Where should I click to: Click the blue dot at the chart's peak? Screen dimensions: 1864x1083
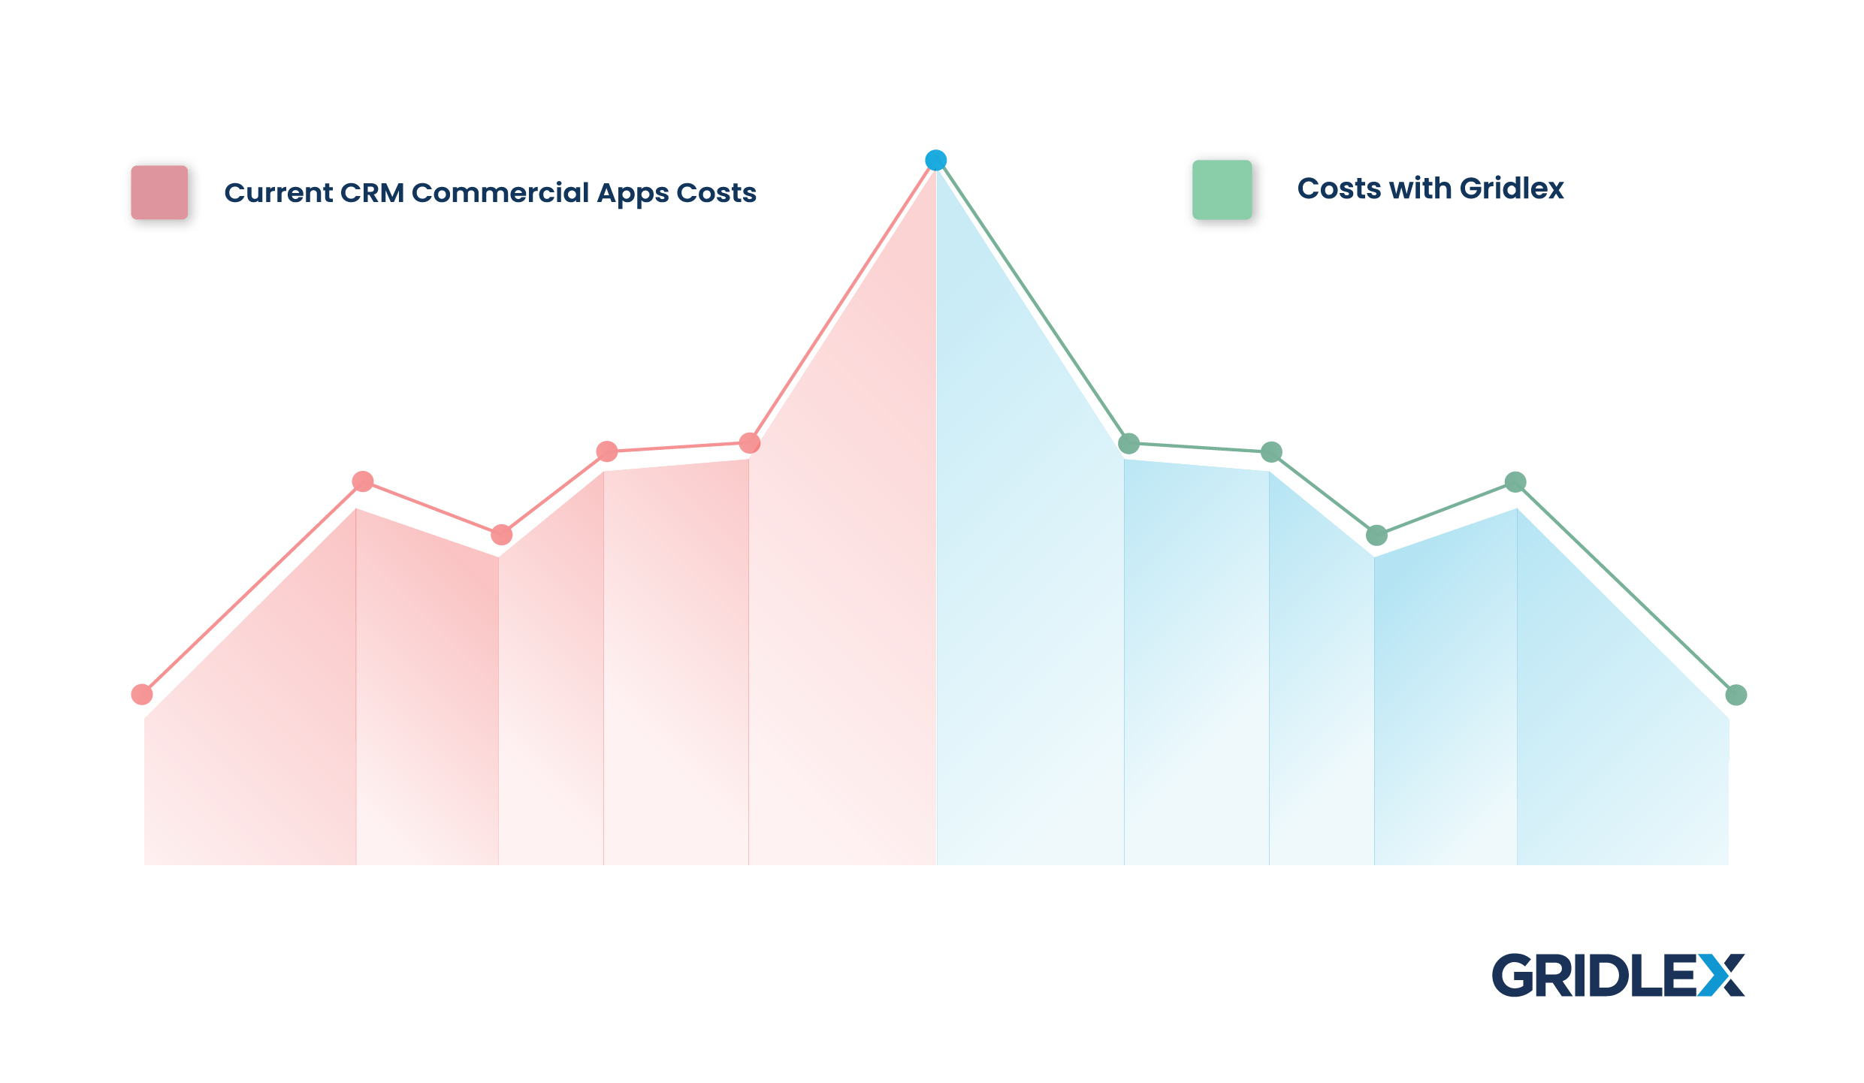[935, 160]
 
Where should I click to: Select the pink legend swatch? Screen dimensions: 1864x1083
[159, 192]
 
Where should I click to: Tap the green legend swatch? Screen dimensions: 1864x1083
[1222, 190]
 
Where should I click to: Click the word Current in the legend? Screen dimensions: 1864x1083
[279, 193]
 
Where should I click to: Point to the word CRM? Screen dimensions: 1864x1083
[372, 193]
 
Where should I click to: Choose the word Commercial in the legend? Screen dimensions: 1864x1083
[500, 193]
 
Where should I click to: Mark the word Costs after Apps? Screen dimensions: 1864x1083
[717, 193]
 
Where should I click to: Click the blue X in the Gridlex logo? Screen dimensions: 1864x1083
[1720, 975]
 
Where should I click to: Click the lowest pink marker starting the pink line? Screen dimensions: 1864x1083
[142, 695]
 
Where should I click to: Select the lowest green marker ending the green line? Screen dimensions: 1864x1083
[1736, 695]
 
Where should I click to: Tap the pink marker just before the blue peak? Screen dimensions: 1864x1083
[750, 443]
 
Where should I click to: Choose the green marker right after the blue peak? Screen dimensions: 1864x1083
[1129, 444]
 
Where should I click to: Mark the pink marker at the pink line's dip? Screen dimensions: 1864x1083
[502, 535]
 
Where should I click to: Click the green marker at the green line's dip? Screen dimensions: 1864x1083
[1376, 535]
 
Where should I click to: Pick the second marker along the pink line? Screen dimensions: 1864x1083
[363, 481]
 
